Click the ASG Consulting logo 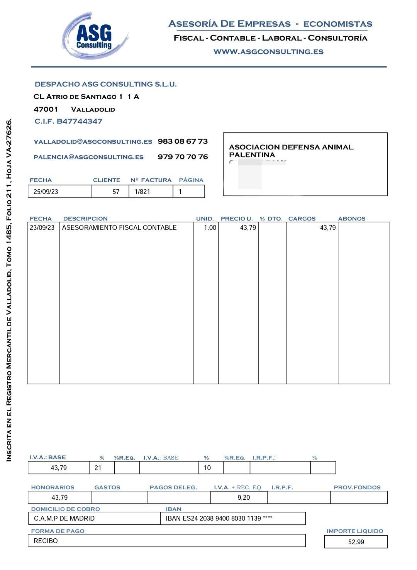pyautogui.click(x=95, y=36)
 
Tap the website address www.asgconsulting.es pyautogui.click(x=268, y=52)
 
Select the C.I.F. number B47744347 pyautogui.click(x=68, y=121)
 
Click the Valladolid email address pyautogui.click(x=93, y=142)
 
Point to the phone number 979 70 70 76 pyautogui.click(x=183, y=157)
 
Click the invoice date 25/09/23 pyautogui.click(x=46, y=192)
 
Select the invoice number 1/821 pyautogui.click(x=142, y=192)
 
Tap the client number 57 pyautogui.click(x=116, y=192)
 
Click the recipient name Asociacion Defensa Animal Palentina pyautogui.click(x=291, y=151)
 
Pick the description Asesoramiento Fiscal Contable pyautogui.click(x=119, y=228)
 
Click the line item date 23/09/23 pyautogui.click(x=42, y=228)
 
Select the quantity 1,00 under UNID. pyautogui.click(x=210, y=228)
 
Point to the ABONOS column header pyautogui.click(x=351, y=219)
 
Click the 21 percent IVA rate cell pyautogui.click(x=98, y=468)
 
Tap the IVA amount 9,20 pyautogui.click(x=244, y=498)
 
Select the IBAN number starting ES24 pyautogui.click(x=219, y=518)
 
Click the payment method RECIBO pyautogui.click(x=46, y=541)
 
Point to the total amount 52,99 pyautogui.click(x=356, y=542)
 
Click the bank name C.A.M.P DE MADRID pyautogui.click(x=64, y=518)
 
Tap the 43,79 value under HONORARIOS pyautogui.click(x=59, y=498)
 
